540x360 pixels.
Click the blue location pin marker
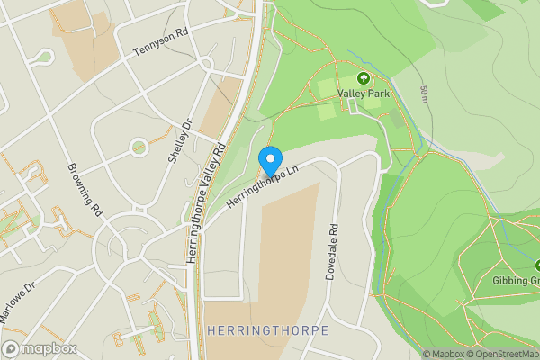[269, 160]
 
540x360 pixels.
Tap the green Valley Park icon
[364, 78]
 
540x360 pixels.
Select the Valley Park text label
[363, 93]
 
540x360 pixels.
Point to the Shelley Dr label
[180, 141]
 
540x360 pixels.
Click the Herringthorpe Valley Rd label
[206, 202]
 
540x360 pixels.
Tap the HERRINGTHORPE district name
[267, 331]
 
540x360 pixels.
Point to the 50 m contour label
[423, 93]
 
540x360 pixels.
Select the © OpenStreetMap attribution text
[500, 354]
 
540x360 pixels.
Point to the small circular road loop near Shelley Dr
[139, 145]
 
